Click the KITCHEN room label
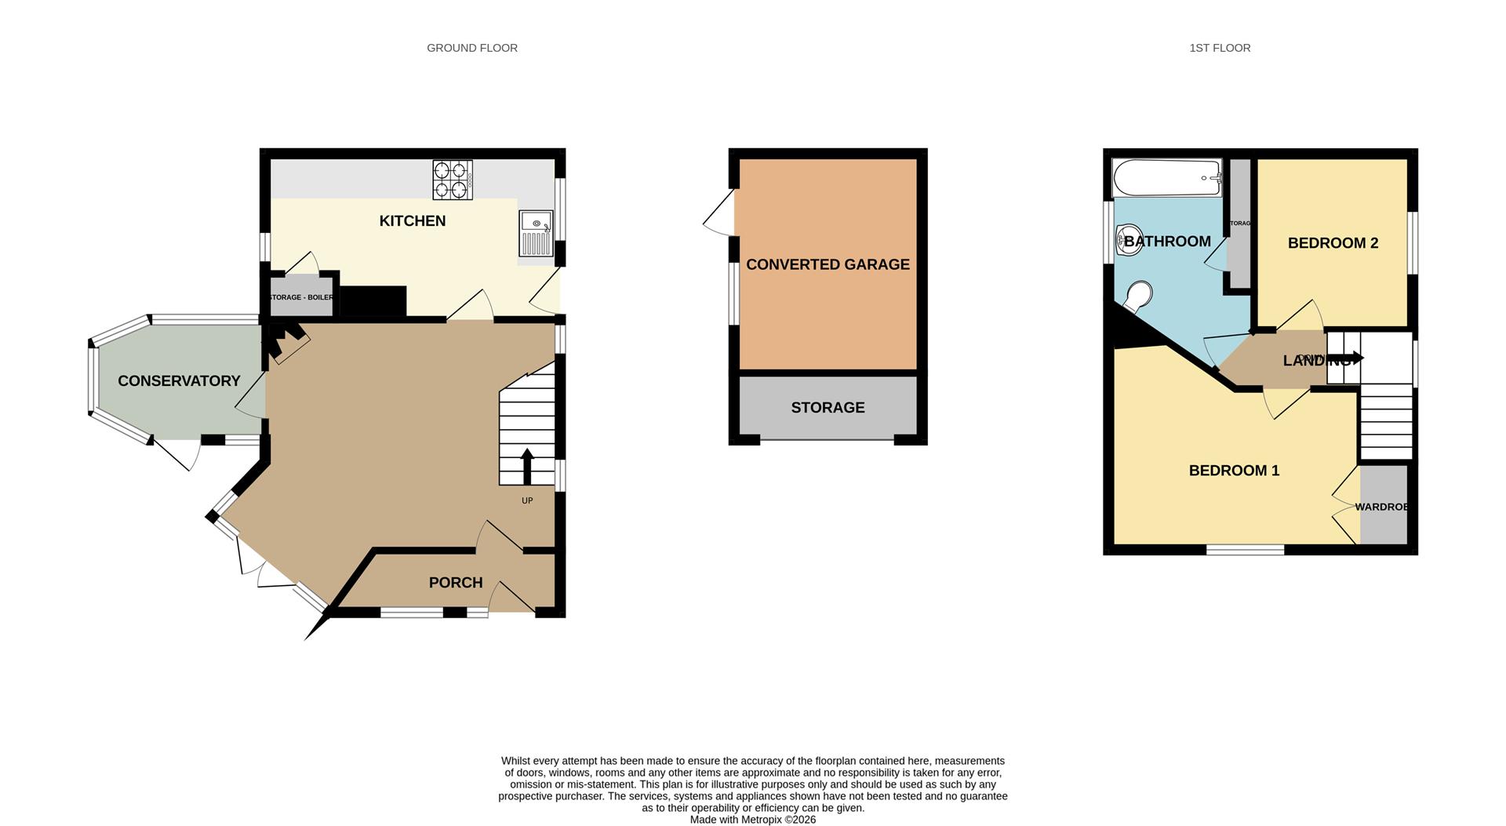(x=412, y=221)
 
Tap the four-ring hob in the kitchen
(x=453, y=180)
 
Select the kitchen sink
(x=536, y=232)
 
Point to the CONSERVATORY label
(x=179, y=381)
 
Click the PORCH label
(x=455, y=583)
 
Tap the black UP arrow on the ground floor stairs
(x=527, y=466)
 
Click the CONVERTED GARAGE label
(x=828, y=265)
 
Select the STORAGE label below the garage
(x=828, y=408)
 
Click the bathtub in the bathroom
(x=1167, y=178)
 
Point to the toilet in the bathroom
(x=1138, y=297)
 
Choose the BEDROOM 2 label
(x=1333, y=243)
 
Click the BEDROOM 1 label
(x=1234, y=471)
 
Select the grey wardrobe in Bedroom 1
(x=1383, y=506)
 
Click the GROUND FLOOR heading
(x=471, y=48)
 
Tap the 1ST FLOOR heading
(x=1220, y=48)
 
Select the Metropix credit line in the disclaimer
(x=752, y=820)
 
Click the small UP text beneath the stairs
(x=527, y=500)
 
